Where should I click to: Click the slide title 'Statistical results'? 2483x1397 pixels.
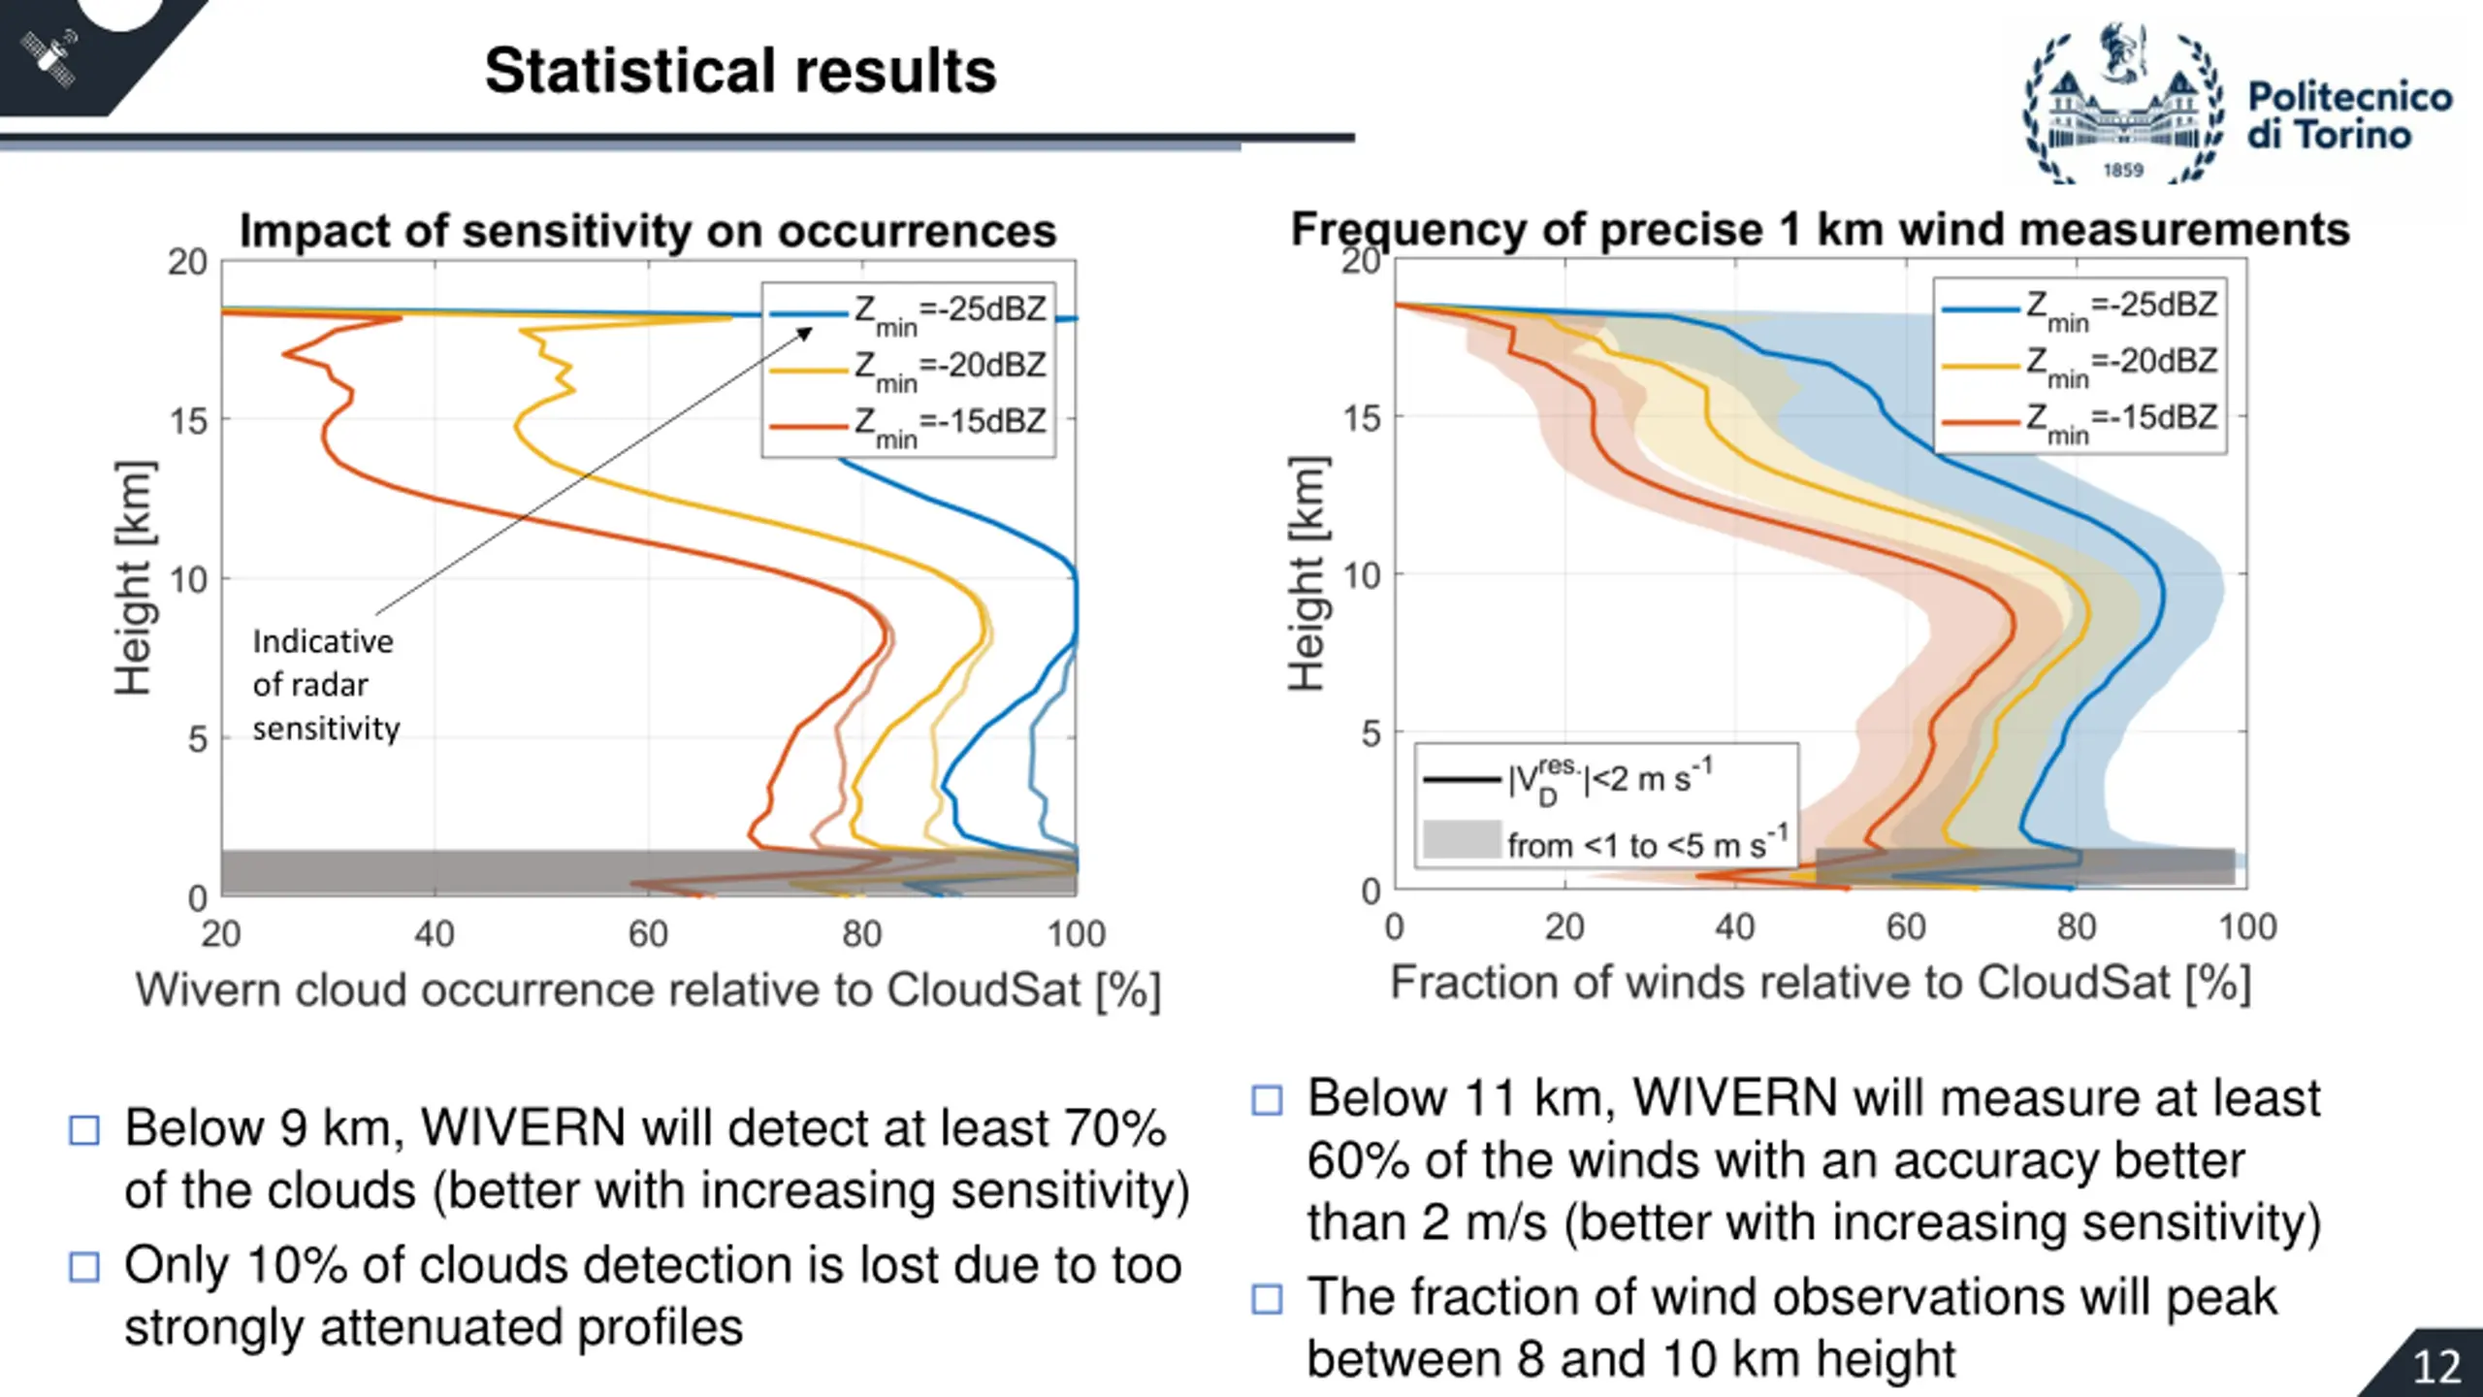point(740,71)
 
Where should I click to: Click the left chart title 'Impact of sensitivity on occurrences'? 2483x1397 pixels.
point(647,231)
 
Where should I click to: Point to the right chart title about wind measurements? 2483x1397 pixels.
point(1820,230)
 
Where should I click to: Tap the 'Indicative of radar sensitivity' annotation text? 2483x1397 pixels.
point(325,684)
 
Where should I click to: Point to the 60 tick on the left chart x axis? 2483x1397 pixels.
point(648,934)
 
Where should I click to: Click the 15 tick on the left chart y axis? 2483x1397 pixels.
point(188,421)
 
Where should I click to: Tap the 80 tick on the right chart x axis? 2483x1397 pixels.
point(2076,927)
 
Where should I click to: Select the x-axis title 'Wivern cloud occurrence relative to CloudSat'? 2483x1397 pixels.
point(647,991)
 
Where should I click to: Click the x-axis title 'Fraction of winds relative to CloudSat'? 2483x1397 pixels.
point(1820,983)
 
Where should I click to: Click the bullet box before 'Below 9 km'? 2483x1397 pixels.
point(84,1130)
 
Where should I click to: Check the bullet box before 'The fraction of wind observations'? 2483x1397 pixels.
point(1267,1299)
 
